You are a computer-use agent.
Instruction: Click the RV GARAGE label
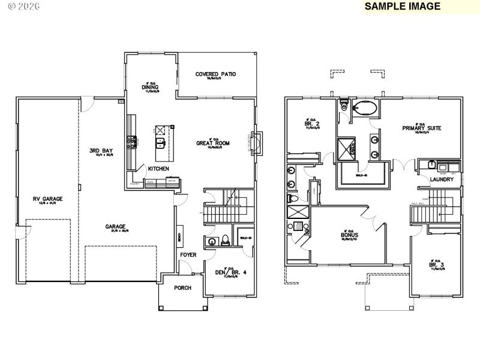(x=47, y=199)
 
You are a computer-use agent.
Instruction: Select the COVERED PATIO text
(x=215, y=74)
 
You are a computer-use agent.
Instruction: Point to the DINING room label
(x=150, y=88)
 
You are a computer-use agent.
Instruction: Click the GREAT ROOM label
(x=213, y=143)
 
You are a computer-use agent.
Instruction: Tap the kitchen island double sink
(x=161, y=142)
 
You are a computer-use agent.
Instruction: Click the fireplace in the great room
(x=256, y=142)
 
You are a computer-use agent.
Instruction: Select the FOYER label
(x=188, y=254)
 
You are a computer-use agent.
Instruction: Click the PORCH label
(x=182, y=288)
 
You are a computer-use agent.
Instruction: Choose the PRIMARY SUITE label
(x=422, y=128)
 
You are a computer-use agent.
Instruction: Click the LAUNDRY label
(x=441, y=179)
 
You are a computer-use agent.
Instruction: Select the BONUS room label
(x=349, y=235)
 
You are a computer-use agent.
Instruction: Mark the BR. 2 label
(x=311, y=123)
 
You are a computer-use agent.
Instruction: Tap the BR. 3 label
(x=436, y=265)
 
